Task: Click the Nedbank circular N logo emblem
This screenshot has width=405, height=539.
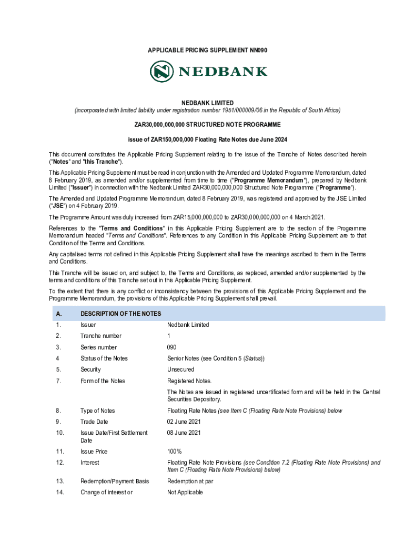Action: pos(162,71)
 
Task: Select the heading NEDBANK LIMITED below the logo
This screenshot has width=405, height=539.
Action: pos(207,103)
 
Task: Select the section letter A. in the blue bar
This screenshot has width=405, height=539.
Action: pos(59,314)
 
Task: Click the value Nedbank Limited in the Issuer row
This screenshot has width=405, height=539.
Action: pos(188,325)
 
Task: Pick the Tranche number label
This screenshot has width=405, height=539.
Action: pos(101,336)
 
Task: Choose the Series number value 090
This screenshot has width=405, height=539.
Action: pos(172,347)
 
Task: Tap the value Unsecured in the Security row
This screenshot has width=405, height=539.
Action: pos(180,370)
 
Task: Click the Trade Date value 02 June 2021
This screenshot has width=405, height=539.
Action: pos(184,422)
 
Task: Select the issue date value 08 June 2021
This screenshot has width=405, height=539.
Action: pos(184,433)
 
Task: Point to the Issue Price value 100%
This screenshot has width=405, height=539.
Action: pos(174,452)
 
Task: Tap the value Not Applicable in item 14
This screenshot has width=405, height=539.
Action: pos(185,493)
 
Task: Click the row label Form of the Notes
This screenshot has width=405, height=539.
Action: pos(103,381)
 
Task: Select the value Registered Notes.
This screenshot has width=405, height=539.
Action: pos(189,381)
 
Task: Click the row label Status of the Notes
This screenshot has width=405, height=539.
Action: pos(104,358)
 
